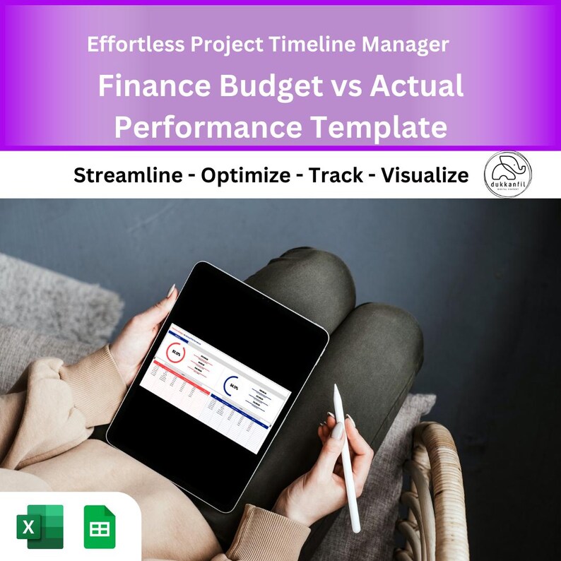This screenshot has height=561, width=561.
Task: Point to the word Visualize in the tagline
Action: coord(425,175)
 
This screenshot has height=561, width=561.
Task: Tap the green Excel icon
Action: coord(40,526)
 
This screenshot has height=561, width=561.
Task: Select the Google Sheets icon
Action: coord(99,526)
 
